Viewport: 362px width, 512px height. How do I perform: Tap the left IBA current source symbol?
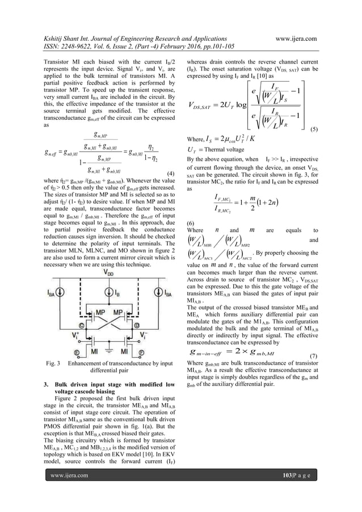60,295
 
